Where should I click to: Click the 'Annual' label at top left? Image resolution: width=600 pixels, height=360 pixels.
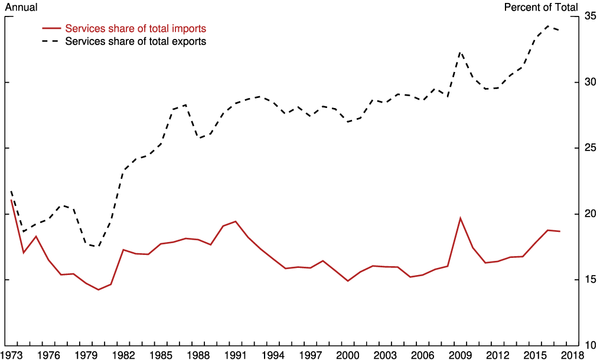pyautogui.click(x=21, y=7)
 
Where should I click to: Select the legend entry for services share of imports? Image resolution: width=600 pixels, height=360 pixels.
pyautogui.click(x=135, y=28)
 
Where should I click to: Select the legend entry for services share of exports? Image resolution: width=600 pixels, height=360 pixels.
pyautogui.click(x=135, y=41)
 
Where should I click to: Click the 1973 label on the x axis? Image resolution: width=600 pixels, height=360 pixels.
pyautogui.click(x=12, y=355)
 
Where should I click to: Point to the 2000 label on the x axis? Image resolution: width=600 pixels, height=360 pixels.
pyautogui.click(x=348, y=355)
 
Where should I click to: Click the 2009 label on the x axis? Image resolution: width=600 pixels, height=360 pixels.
pyautogui.click(x=460, y=355)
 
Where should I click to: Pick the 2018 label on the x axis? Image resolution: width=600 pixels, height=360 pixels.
pyautogui.click(x=572, y=355)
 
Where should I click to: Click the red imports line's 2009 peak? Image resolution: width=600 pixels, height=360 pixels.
pyautogui.click(x=460, y=218)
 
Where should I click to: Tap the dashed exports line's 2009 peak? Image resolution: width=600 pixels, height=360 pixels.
pyautogui.click(x=460, y=52)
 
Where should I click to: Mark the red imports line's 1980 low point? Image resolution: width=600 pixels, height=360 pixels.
pyautogui.click(x=99, y=290)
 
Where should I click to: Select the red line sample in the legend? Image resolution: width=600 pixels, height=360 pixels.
pyautogui.click(x=51, y=28)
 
